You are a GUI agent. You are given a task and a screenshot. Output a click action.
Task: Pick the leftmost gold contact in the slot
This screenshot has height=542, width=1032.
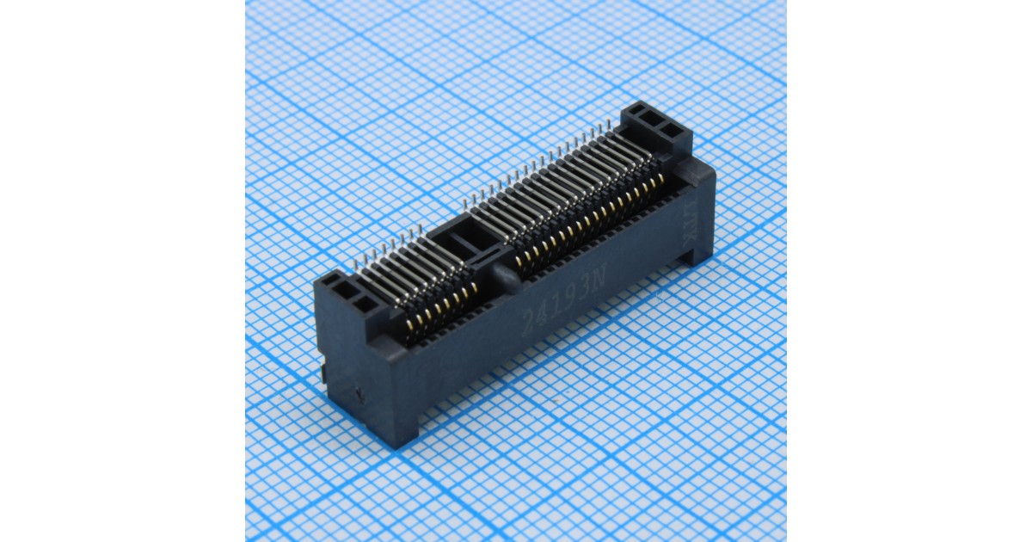(x=410, y=325)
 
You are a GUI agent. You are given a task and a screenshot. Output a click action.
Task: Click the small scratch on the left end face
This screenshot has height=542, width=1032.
(x=359, y=397)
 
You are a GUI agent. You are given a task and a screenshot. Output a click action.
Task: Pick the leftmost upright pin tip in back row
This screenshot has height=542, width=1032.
(x=356, y=259)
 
